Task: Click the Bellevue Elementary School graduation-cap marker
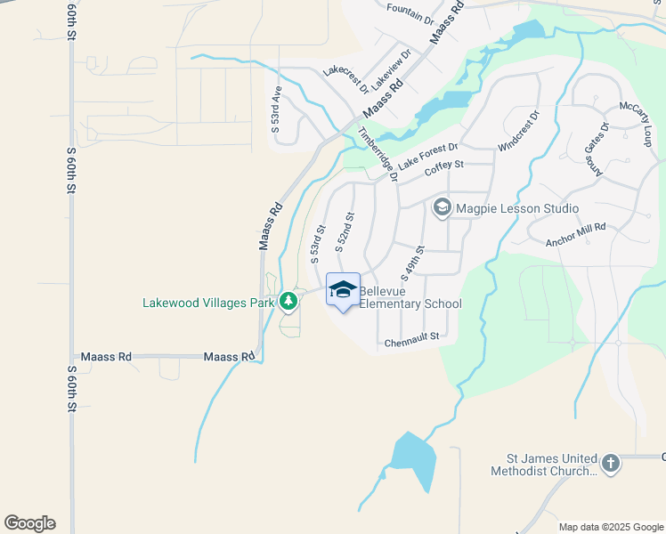click(x=343, y=290)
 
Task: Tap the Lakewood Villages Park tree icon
click(x=288, y=303)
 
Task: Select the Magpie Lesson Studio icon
click(x=442, y=208)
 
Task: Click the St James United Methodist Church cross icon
click(x=610, y=464)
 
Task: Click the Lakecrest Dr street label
click(x=345, y=77)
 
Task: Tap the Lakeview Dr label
click(x=392, y=68)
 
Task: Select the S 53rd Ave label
click(x=277, y=109)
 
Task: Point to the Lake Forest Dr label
click(x=427, y=157)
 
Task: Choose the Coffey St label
click(x=444, y=166)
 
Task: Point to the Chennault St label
click(x=412, y=338)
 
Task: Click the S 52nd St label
click(x=345, y=230)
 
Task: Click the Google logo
click(x=29, y=523)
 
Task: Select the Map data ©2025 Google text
click(x=611, y=527)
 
